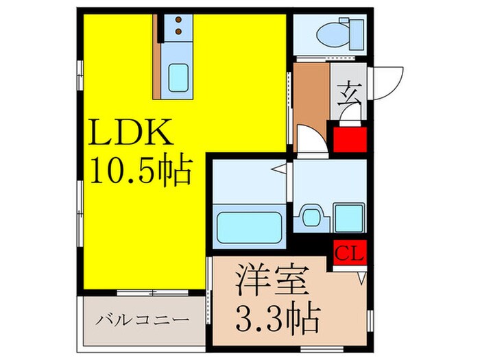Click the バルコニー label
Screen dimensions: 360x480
(x=143, y=320)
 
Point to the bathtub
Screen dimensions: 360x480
(x=250, y=227)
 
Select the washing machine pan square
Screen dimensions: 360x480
(x=348, y=217)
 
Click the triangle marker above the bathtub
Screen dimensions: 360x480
(x=279, y=167)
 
